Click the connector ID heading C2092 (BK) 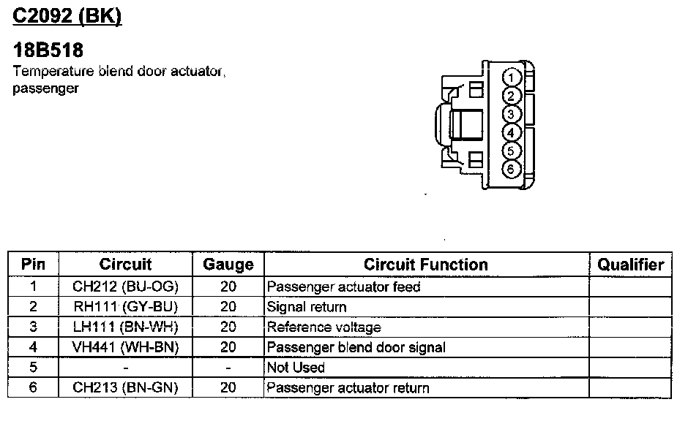pos(67,15)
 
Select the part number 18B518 pos(48,50)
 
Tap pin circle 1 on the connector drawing pos(512,78)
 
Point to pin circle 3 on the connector pos(512,114)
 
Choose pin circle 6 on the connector pos(512,169)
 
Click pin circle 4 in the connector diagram pos(512,132)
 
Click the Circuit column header pos(125,265)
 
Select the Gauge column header pos(228,265)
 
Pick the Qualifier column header pos(630,265)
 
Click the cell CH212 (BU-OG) pos(125,287)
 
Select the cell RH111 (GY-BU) pos(125,307)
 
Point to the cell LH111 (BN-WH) pos(125,327)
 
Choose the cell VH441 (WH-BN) pos(125,347)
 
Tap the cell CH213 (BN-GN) pos(125,387)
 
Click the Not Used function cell pos(296,368)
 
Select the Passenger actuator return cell pos(348,387)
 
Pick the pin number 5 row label pos(33,368)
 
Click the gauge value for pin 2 pos(228,307)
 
